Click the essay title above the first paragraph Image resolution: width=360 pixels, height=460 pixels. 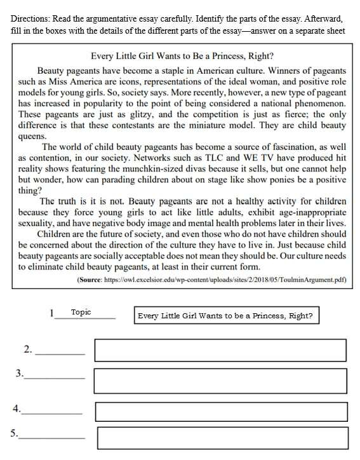tap(182, 56)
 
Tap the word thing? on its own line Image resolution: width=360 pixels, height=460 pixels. tap(30, 190)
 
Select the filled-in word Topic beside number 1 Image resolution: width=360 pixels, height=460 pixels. tap(81, 312)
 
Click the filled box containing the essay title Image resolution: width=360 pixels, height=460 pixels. tap(226, 316)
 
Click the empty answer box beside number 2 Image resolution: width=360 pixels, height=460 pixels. tap(220, 350)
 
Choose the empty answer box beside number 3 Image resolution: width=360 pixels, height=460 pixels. tap(220, 381)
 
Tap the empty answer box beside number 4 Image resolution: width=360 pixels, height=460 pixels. tap(222, 412)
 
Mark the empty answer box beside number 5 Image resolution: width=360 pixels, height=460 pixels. tap(223, 438)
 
